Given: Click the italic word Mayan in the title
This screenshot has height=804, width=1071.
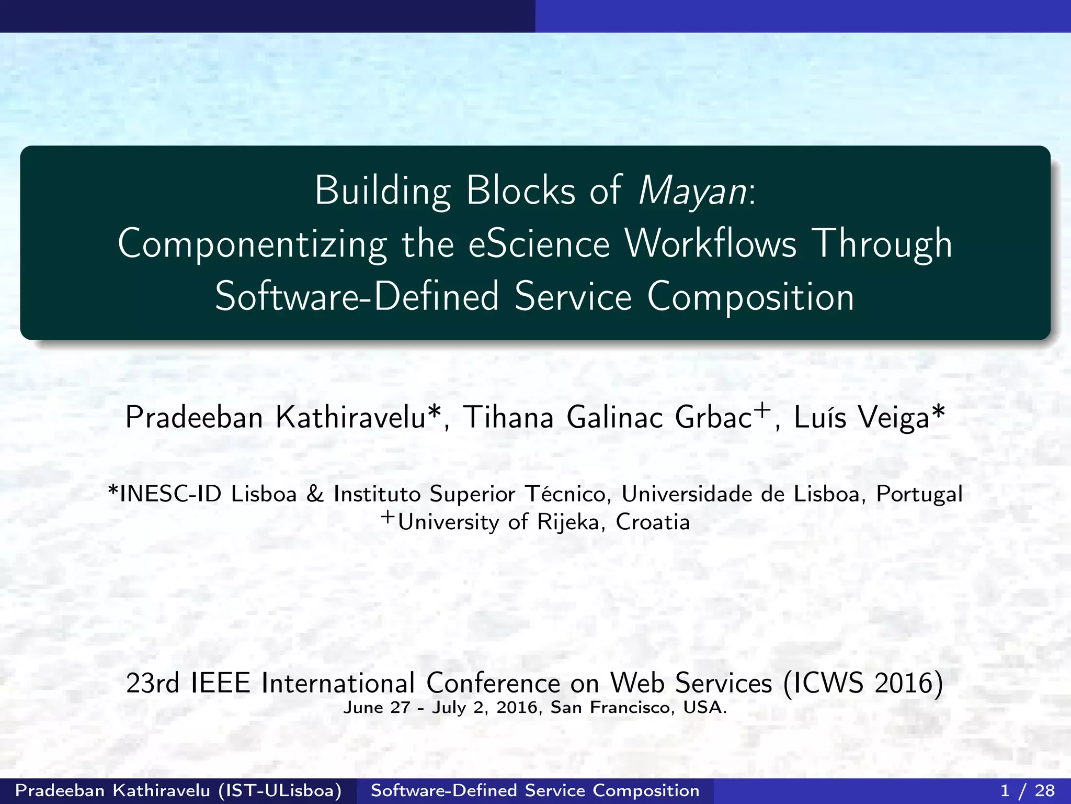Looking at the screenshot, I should tap(693, 191).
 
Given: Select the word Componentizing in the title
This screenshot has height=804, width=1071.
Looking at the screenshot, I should tap(252, 245).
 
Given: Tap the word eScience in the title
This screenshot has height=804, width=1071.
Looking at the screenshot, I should tap(539, 244).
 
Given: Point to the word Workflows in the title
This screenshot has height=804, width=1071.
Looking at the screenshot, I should tap(711, 244).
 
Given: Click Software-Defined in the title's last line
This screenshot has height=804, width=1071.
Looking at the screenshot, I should tap(357, 297).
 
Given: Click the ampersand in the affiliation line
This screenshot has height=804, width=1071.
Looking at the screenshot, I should tap(315, 494).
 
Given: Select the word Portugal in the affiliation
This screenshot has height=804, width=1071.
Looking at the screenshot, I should tap(919, 494).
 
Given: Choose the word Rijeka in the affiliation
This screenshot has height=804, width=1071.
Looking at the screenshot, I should tap(568, 522).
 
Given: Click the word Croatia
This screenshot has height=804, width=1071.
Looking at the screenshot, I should tap(653, 522).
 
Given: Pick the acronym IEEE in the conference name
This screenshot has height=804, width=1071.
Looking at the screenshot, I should tap(221, 683).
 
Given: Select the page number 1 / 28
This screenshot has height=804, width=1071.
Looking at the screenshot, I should tap(1027, 790).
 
